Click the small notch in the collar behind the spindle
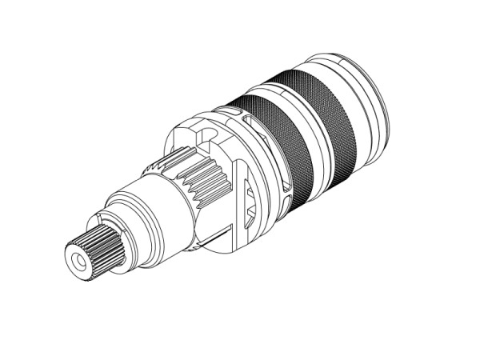click(96, 217)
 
